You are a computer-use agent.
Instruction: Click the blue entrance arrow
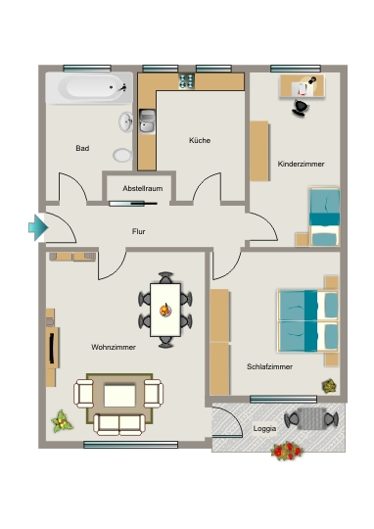[38, 227]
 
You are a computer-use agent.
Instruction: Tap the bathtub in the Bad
[89, 88]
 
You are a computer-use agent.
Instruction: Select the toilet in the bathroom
[122, 155]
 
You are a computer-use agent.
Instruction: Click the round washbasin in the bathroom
[125, 121]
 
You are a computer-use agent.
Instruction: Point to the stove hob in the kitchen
[186, 81]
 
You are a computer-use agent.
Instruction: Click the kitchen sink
[147, 121]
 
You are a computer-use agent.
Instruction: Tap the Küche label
[200, 140]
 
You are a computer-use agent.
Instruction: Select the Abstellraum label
[143, 188]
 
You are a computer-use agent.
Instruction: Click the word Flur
[139, 231]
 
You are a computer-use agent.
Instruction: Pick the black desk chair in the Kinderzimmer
[301, 108]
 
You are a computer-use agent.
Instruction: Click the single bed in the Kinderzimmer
[324, 216]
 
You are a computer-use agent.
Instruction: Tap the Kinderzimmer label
[302, 164]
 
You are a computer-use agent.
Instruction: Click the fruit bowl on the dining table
[165, 310]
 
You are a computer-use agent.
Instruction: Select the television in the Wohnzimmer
[52, 348]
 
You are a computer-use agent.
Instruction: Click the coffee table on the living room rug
[119, 396]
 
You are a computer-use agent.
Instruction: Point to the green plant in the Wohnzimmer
[62, 421]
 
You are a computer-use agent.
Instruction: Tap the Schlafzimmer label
[270, 366]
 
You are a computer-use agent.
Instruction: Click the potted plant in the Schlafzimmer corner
[329, 386]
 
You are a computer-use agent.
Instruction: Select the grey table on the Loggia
[311, 418]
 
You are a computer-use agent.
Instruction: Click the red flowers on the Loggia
[286, 451]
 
